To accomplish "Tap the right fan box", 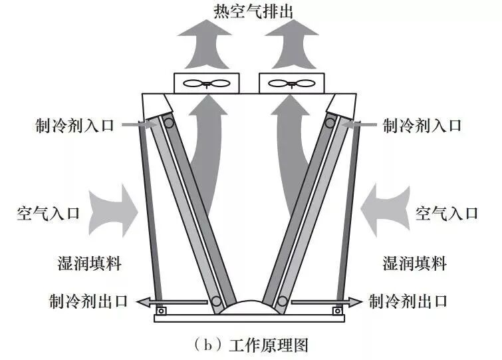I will tap(290, 83).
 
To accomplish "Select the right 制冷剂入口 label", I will tap(421, 125).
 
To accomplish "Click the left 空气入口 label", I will tap(48, 214).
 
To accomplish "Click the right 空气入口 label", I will tap(446, 214).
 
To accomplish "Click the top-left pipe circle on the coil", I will tap(170, 122).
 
